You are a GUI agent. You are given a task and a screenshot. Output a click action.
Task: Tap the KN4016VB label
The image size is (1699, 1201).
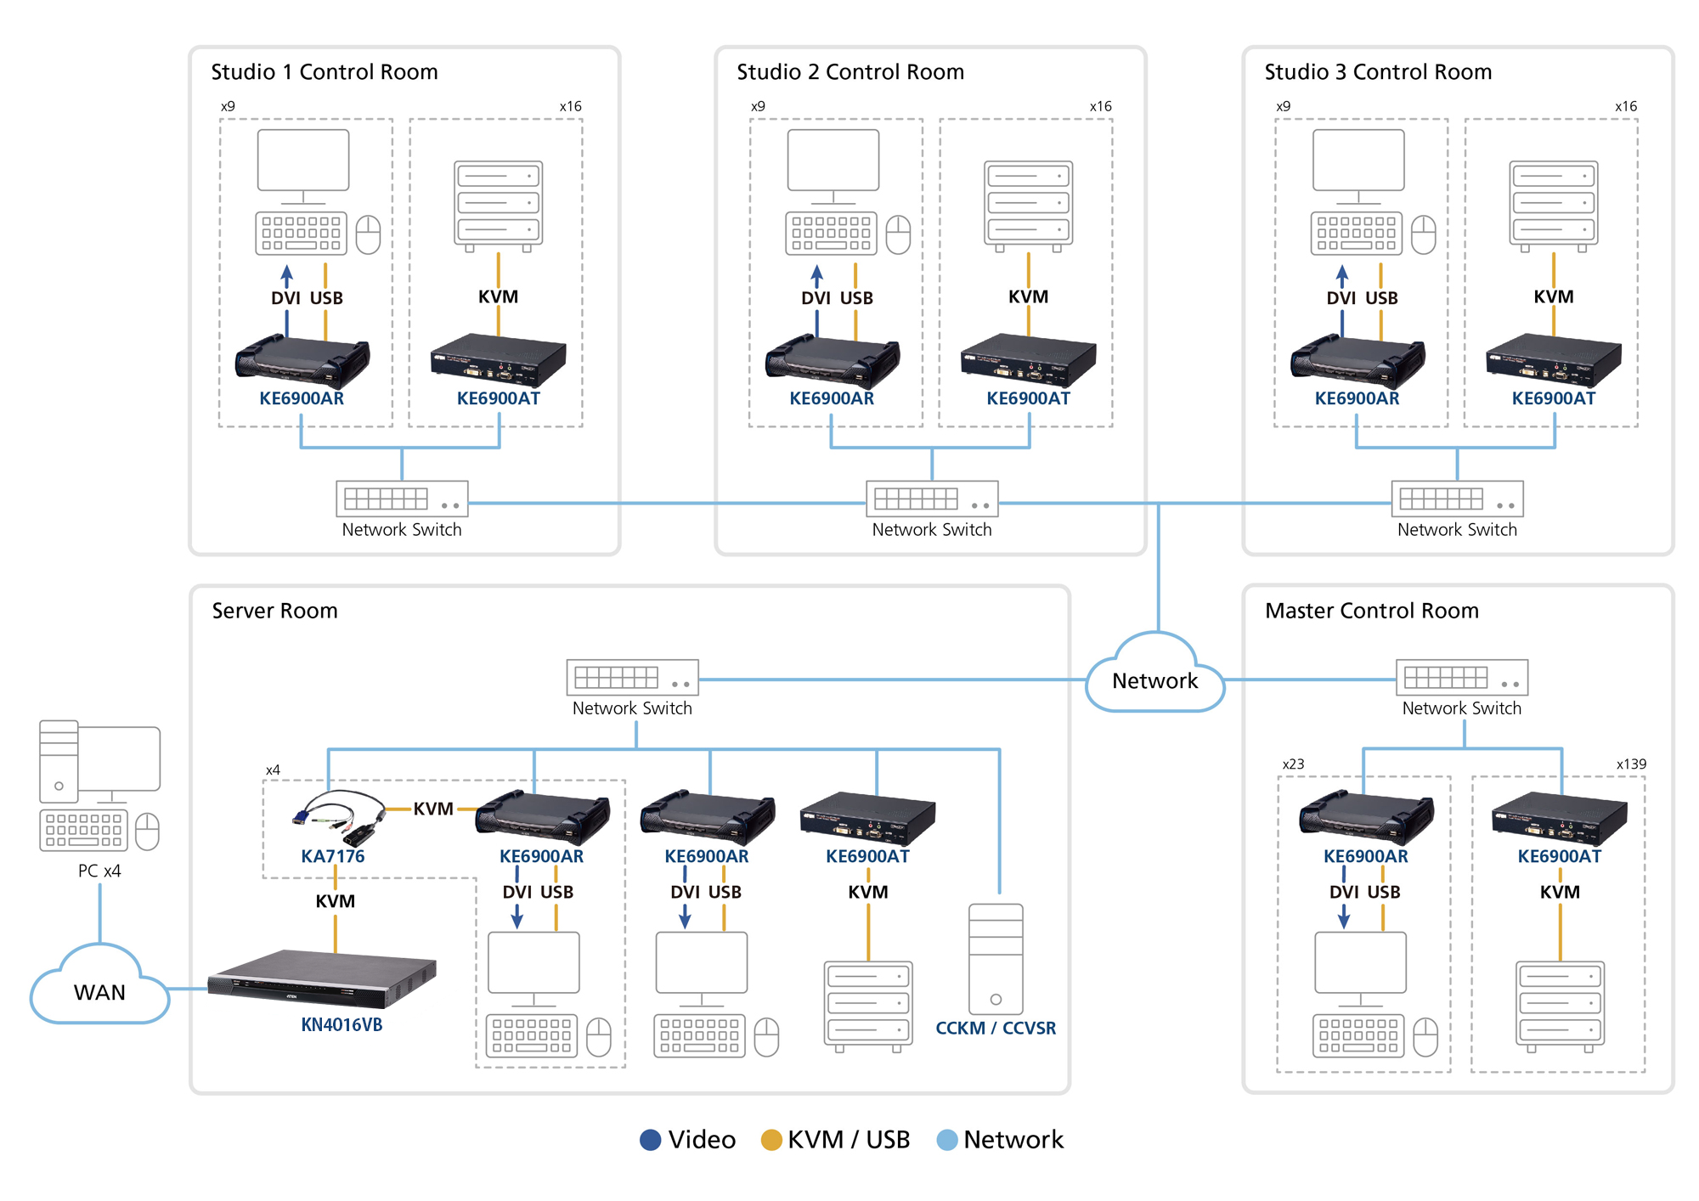[x=341, y=1024]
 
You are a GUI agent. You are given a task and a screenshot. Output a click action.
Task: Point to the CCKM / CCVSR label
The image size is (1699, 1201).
[x=996, y=1028]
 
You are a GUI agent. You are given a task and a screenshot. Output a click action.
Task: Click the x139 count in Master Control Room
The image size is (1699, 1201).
[x=1630, y=764]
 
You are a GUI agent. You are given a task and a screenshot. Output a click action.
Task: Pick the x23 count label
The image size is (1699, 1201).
[x=1293, y=764]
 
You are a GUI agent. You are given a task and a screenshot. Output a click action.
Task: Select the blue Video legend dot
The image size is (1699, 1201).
[x=650, y=1140]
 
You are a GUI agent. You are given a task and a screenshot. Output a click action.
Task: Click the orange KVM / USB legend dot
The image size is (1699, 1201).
[x=771, y=1140]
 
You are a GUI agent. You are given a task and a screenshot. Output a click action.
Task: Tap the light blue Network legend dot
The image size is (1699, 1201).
[x=946, y=1140]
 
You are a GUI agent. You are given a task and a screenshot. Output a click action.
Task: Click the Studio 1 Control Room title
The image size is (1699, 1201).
[x=325, y=72]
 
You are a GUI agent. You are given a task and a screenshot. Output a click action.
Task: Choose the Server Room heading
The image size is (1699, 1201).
[x=274, y=611]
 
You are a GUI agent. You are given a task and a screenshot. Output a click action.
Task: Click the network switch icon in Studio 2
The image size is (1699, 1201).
[x=932, y=499]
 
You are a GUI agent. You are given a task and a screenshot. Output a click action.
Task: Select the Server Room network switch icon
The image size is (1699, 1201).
[x=632, y=678]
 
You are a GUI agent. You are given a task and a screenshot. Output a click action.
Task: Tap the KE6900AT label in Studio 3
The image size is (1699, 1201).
[x=1553, y=398]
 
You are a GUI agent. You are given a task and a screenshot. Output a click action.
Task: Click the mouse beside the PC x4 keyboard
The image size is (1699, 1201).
[x=148, y=831]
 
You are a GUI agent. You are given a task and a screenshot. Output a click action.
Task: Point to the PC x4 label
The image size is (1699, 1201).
[x=99, y=871]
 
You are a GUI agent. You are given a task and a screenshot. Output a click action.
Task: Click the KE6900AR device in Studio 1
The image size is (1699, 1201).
[x=302, y=360]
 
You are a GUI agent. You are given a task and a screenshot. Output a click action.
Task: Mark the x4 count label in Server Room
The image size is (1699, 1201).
[x=273, y=770]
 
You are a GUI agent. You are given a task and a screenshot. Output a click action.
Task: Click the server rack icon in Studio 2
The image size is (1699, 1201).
[x=1028, y=205]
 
